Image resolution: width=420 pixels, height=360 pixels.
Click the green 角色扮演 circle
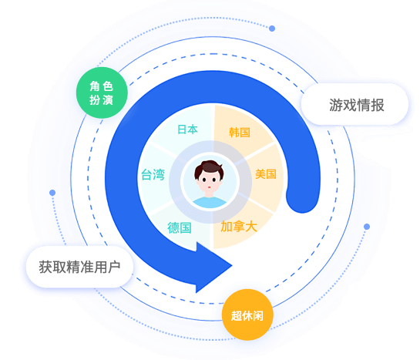pos(102,93)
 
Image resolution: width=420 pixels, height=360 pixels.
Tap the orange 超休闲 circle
pos(247,315)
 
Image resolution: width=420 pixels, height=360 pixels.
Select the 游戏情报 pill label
pos(354,104)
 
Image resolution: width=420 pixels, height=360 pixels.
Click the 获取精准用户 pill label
pos(79,267)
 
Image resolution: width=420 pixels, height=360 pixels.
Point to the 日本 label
pos(187,130)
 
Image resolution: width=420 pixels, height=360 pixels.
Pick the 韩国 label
pos(240,133)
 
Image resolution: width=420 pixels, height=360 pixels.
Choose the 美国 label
pos(266,174)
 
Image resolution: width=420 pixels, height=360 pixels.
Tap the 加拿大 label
pos(239,227)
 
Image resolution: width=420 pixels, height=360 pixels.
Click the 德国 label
pos(180,227)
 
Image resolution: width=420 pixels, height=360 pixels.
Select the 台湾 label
pos(153,175)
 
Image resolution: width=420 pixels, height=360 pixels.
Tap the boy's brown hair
pos(209,168)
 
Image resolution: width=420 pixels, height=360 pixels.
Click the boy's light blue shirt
pos(210,203)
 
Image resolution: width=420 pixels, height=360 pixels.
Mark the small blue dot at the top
pos(272,29)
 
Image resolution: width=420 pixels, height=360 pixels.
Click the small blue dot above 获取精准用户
pos(52,193)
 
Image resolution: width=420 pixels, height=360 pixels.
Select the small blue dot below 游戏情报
pos(367,227)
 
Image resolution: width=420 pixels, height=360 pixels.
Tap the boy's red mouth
pos(209,187)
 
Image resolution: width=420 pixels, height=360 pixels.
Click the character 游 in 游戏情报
pos(336,105)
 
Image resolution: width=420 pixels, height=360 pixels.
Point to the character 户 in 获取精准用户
pos(114,267)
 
